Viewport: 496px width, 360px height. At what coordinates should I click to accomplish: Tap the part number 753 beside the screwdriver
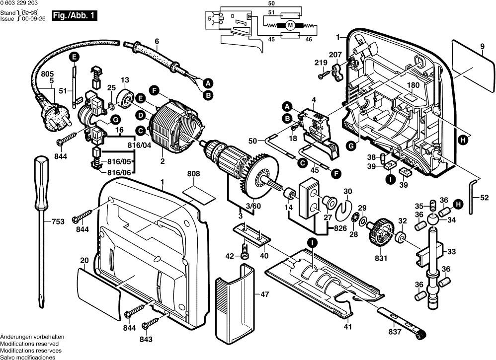coord(58,221)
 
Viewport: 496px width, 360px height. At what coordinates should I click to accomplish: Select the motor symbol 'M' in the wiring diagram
coord(290,25)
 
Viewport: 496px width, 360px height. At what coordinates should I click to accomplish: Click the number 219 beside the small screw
coord(320,63)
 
